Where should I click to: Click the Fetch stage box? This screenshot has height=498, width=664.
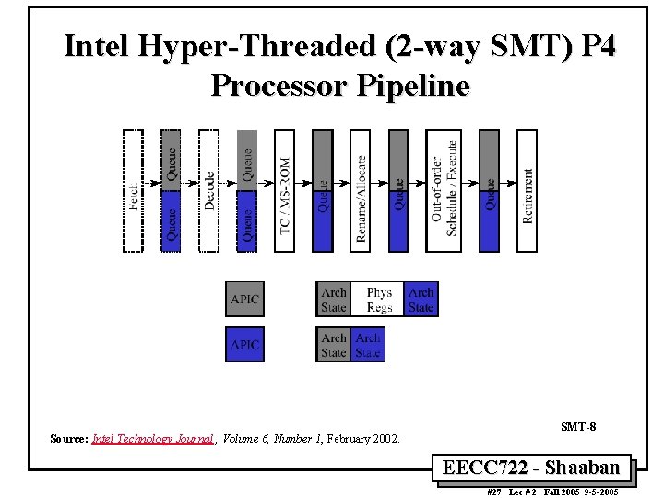(134, 190)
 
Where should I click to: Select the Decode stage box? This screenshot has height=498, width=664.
(209, 190)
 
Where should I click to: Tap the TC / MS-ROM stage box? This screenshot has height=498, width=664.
(286, 190)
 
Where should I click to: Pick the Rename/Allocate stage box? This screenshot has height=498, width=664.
(361, 190)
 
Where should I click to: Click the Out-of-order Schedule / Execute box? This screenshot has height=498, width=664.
(443, 190)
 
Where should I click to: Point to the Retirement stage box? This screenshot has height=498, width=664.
(527, 190)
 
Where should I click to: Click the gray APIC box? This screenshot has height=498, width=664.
(244, 300)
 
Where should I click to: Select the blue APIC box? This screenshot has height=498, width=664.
(244, 345)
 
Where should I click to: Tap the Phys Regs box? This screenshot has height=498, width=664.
(379, 300)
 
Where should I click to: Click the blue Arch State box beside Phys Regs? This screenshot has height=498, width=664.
(421, 300)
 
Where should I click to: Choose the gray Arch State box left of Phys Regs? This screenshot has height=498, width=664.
(333, 300)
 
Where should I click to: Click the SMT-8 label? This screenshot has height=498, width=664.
(578, 426)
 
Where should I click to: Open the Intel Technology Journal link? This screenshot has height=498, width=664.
(153, 440)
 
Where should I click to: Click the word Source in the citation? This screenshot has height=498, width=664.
(68, 440)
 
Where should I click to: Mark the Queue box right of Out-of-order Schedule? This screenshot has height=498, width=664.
(490, 190)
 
